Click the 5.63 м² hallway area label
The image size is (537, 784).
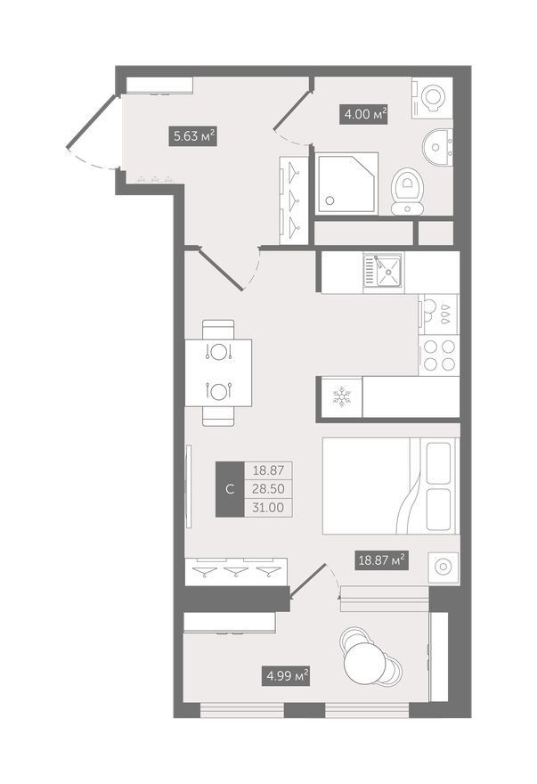tap(193, 135)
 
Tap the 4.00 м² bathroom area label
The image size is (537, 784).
tap(365, 114)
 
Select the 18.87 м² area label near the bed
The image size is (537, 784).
tap(382, 559)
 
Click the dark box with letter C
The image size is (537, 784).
tap(230, 489)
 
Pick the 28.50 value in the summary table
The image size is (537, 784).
tap(268, 488)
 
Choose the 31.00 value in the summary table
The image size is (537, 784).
tap(268, 508)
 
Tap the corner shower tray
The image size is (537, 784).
tap(347, 184)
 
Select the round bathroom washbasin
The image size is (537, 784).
tap(438, 146)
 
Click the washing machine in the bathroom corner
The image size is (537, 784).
tap(432, 97)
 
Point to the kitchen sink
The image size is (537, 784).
tap(383, 272)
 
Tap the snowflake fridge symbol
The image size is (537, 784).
tap(342, 396)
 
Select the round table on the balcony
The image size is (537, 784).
tap(365, 663)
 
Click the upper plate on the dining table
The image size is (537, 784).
tap(218, 352)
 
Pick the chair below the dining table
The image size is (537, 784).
tap(218, 417)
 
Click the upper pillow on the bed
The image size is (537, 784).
tap(438, 463)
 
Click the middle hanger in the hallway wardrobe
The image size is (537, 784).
tap(294, 200)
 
